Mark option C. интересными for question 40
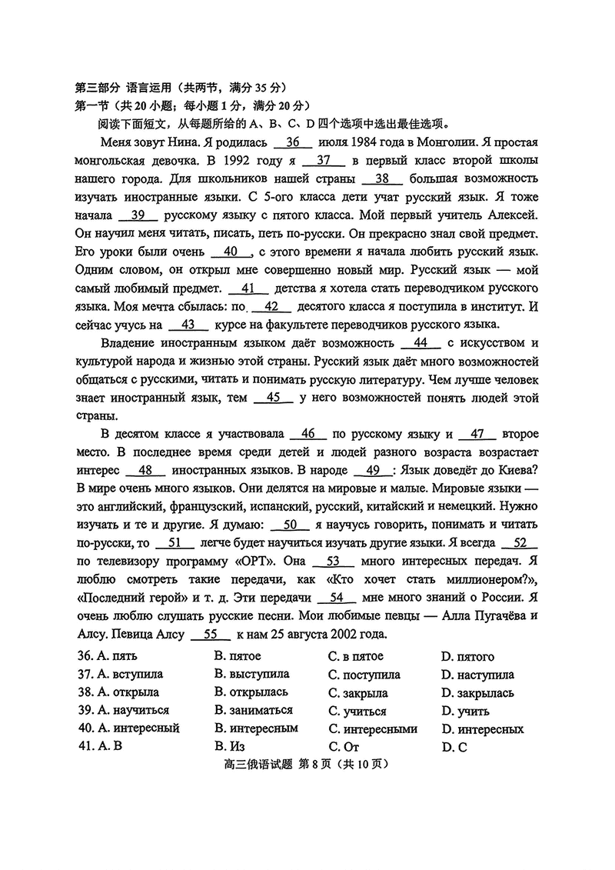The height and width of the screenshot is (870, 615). pyautogui.click(x=372, y=729)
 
